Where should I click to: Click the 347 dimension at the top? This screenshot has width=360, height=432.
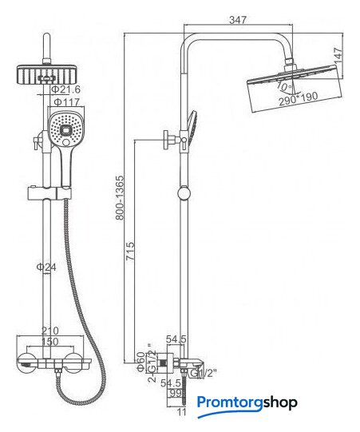pos(238,20)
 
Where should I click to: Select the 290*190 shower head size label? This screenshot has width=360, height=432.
pos(298,98)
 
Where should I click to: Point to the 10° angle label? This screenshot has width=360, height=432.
pos(283,86)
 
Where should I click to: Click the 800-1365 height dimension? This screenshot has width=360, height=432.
pos(120,197)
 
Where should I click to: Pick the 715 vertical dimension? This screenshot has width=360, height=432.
pos(130,251)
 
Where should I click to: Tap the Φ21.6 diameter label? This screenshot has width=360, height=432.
pos(65,89)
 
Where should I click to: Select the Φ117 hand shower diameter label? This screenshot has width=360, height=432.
pos(67,102)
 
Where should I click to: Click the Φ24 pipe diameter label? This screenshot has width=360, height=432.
pos(46,267)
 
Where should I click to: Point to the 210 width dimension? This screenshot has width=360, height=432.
pos(49,331)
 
